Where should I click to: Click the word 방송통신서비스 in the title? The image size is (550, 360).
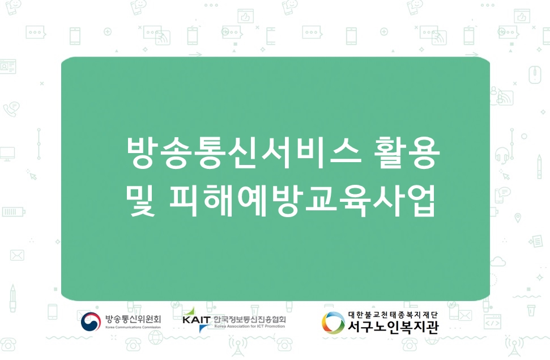click(244, 153)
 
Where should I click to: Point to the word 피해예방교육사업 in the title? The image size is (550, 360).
click(302, 201)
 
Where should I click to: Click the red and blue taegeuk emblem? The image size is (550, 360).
click(91, 321)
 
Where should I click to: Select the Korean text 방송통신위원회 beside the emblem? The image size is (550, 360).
click(133, 319)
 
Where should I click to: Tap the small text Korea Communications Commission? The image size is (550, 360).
click(133, 327)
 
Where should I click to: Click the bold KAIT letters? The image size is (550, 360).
click(197, 320)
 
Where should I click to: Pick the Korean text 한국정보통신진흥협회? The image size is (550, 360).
click(249, 319)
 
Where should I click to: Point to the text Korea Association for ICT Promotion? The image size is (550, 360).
click(249, 327)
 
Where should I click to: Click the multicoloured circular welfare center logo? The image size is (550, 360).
click(333, 323)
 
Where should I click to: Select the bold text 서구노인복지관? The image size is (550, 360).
click(393, 327)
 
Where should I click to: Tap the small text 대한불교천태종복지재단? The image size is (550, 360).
click(393, 315)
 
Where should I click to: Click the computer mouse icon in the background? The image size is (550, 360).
click(535, 75)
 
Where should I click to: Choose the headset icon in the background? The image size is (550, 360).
click(502, 155)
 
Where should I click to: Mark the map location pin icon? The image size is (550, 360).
click(517, 218)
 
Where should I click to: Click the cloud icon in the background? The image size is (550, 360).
click(498, 262)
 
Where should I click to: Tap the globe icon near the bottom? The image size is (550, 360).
click(156, 338)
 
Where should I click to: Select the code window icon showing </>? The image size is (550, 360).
click(492, 321)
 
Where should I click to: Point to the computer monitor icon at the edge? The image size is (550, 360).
click(7, 154)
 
